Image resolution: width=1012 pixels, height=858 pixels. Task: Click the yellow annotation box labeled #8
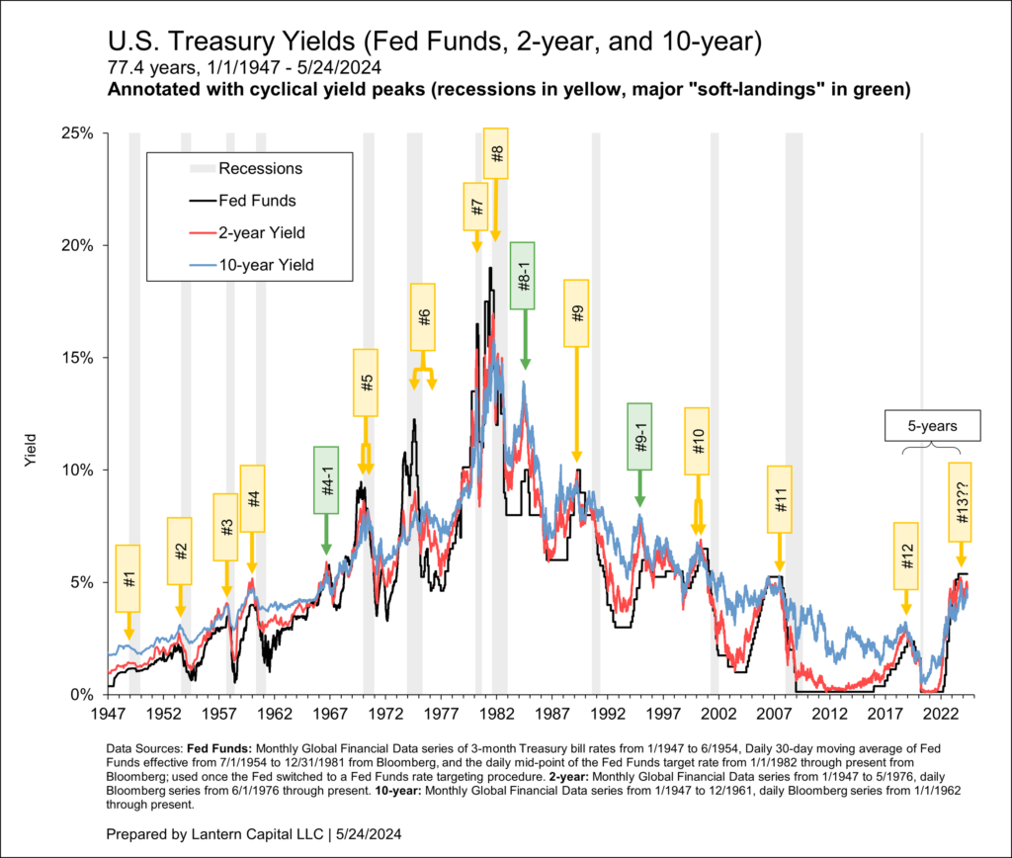tap(496, 153)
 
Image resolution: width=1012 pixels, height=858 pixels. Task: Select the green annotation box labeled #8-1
tap(523, 275)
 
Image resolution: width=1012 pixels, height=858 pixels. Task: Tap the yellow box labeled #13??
tap(961, 501)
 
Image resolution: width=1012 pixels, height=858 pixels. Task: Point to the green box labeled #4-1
tap(326, 479)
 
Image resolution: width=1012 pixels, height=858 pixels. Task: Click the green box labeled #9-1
tap(639, 435)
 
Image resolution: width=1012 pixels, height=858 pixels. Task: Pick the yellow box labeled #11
tap(780, 499)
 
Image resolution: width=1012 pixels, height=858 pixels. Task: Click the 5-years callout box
tap(933, 425)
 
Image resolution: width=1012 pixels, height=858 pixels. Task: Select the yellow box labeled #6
tap(424, 317)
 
